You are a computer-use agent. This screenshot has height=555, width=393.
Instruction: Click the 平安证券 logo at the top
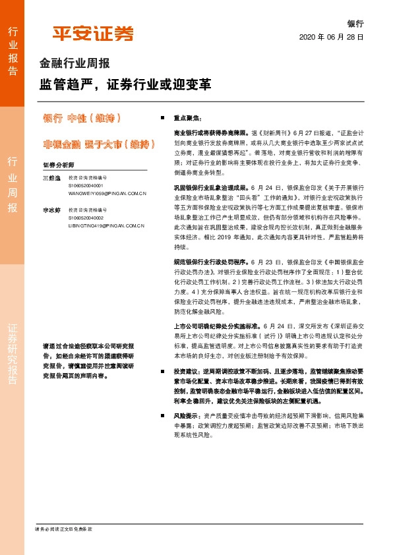pos(93,34)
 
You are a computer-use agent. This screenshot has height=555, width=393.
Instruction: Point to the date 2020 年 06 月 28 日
pos(332,37)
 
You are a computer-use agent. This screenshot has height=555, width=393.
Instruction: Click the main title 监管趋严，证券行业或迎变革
pos(125,85)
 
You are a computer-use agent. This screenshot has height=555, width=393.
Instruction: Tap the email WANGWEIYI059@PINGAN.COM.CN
pos(106,194)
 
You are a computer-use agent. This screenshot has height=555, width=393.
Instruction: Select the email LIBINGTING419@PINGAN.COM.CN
pos(106,225)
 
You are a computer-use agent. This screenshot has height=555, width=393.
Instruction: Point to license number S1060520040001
pos(88,186)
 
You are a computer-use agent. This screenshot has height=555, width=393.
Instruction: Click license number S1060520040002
pos(88,218)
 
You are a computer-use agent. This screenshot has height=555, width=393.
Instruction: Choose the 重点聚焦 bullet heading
pos(185,118)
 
